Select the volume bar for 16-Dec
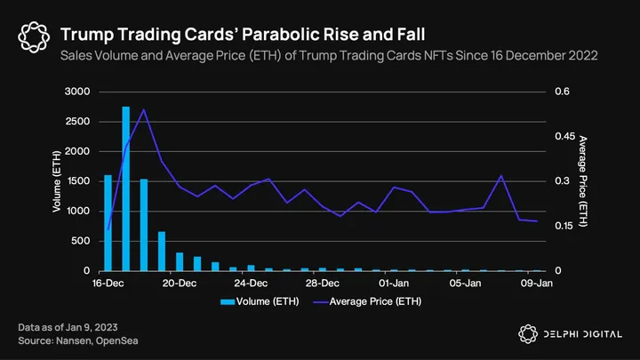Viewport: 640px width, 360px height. pyautogui.click(x=108, y=222)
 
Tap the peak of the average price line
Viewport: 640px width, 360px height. pyautogui.click(x=144, y=109)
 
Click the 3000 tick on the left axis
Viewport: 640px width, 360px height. pyautogui.click(x=78, y=92)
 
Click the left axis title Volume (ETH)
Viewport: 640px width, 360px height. pyautogui.click(x=57, y=181)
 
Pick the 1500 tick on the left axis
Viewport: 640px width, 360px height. pyautogui.click(x=78, y=181)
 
